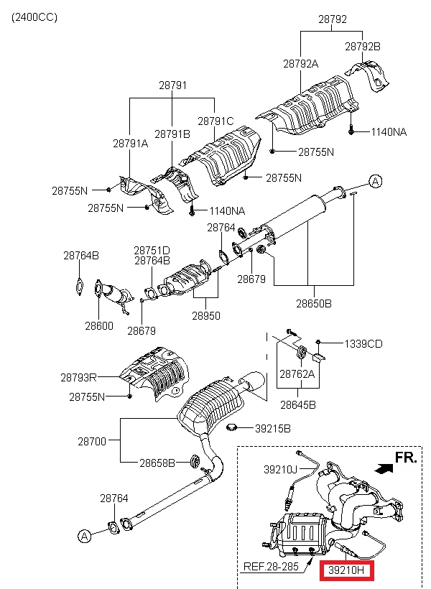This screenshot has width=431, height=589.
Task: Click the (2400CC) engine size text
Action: point(34,16)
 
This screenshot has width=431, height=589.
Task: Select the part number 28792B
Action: point(362,46)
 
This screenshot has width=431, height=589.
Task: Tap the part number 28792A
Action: point(300,64)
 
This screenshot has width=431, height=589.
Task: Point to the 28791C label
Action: point(215,121)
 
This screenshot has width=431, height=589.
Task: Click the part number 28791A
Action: point(130,143)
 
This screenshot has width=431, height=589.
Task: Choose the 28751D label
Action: point(152,250)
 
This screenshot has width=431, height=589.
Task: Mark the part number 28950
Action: point(205,315)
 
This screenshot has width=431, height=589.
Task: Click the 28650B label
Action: point(313,304)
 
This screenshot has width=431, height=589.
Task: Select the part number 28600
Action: point(98,325)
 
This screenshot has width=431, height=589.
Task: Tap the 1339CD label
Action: point(363,344)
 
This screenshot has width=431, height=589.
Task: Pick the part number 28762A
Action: point(297,374)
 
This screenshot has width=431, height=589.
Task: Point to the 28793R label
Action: point(79,376)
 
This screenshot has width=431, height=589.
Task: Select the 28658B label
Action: point(157,463)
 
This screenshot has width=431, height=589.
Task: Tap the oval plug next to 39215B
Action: point(232,429)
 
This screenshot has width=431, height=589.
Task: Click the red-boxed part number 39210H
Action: point(348,572)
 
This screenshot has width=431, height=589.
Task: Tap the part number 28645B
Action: point(297,404)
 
